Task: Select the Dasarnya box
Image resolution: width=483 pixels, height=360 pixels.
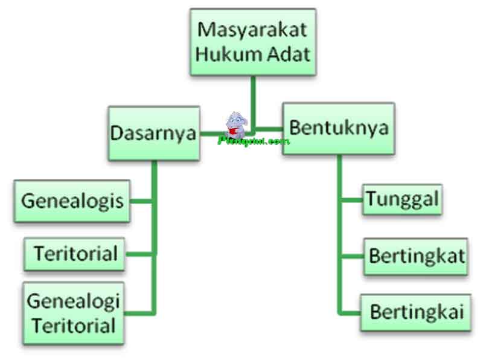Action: click(x=154, y=133)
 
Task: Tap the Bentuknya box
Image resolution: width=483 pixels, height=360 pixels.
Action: click(x=338, y=129)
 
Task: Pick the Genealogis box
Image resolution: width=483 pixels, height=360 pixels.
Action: click(x=72, y=201)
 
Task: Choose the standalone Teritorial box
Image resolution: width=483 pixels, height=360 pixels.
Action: click(x=75, y=253)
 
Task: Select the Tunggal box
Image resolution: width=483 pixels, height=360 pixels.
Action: click(x=402, y=199)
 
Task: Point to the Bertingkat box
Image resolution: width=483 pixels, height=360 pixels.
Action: click(x=416, y=256)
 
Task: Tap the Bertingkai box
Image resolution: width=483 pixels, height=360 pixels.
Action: click(x=416, y=312)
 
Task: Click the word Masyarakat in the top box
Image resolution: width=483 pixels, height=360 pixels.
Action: click(x=253, y=29)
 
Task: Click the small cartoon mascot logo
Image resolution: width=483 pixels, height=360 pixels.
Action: click(x=235, y=125)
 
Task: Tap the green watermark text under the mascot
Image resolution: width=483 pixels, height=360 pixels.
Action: click(x=253, y=141)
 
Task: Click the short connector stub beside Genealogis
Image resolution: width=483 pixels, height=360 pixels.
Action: click(x=141, y=200)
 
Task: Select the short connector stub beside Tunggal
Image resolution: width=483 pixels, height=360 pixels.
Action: click(x=351, y=199)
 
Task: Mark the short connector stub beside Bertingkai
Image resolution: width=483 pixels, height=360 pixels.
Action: click(x=350, y=312)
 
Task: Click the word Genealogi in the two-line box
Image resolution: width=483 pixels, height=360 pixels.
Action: click(x=74, y=300)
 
